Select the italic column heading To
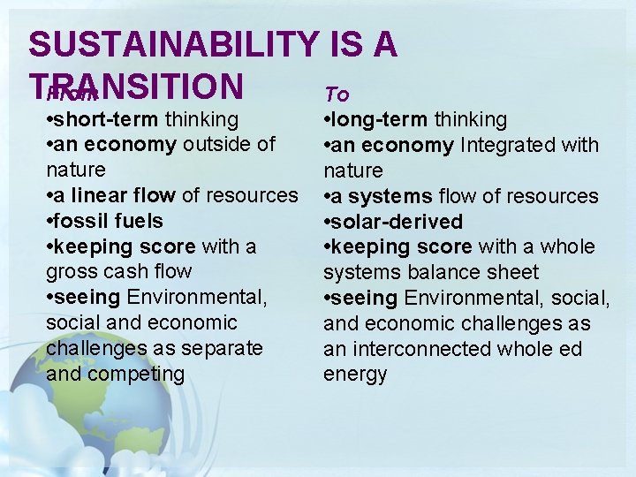337,94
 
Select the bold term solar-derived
397,222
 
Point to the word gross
72,271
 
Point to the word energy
355,375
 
